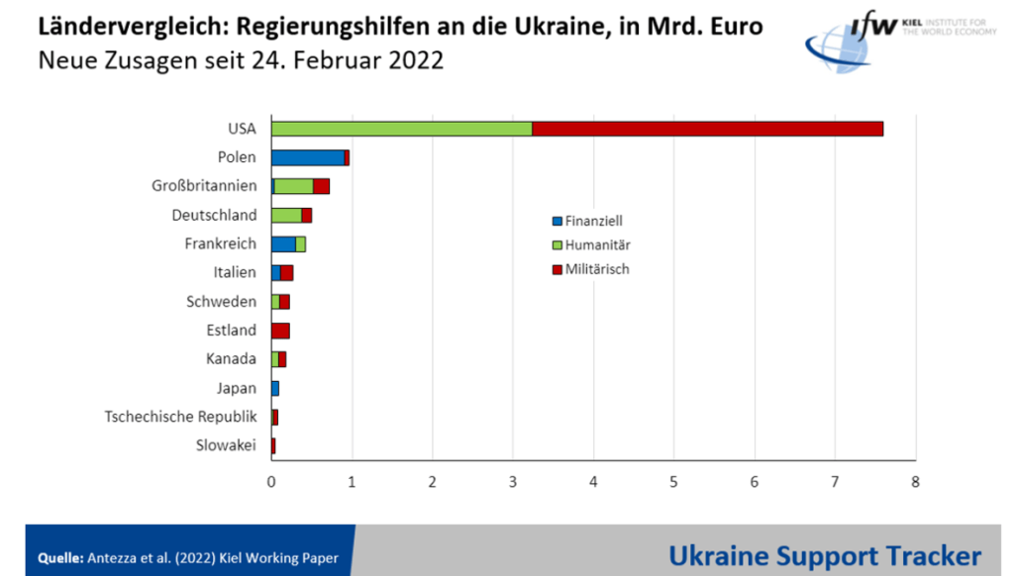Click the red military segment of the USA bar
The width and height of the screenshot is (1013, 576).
[707, 129]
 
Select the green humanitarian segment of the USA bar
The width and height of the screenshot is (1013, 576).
[401, 129]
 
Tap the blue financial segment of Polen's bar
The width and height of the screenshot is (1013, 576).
[307, 157]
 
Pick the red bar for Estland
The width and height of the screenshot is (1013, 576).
[280, 331]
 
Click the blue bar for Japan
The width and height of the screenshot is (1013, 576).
[275, 388]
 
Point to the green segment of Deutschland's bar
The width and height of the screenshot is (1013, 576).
[286, 215]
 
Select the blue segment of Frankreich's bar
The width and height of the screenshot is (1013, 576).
[283, 243]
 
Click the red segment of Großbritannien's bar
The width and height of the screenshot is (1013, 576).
[321, 186]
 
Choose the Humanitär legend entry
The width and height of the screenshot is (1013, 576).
[591, 244]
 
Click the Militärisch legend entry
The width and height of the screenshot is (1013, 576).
[590, 268]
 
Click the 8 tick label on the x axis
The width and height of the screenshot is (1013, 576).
[915, 481]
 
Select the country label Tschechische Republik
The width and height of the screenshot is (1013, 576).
[181, 417]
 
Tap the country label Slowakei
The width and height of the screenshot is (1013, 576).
[227, 445]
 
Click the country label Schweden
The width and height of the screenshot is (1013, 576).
[222, 302]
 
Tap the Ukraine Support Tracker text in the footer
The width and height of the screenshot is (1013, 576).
[825, 555]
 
